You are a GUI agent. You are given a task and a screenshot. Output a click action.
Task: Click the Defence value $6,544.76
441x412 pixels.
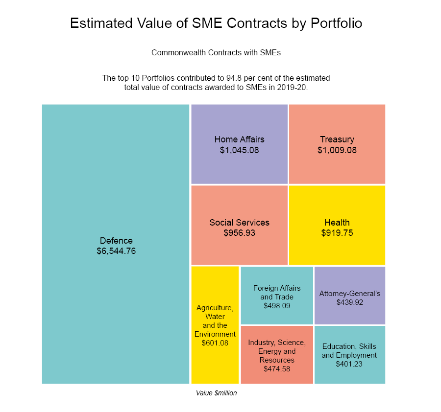click(x=116, y=251)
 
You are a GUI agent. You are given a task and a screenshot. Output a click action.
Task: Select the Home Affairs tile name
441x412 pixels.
click(x=239, y=139)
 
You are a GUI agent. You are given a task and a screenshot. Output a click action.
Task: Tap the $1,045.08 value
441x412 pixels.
click(x=239, y=150)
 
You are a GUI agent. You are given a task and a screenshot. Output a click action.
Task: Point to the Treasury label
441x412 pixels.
click(x=337, y=139)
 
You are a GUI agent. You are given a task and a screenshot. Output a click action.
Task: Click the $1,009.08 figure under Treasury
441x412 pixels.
click(x=337, y=150)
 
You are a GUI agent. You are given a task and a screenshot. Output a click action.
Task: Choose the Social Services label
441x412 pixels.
click(x=239, y=223)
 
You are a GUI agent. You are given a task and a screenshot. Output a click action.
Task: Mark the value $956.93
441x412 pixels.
click(x=239, y=233)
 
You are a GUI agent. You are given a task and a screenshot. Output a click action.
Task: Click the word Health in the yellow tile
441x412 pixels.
click(x=337, y=223)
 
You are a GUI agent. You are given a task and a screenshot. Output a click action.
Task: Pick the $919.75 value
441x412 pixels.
click(x=337, y=233)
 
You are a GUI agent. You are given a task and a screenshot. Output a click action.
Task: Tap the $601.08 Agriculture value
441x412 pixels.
click(x=215, y=343)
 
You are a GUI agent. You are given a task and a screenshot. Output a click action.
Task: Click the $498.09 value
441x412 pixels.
click(x=277, y=306)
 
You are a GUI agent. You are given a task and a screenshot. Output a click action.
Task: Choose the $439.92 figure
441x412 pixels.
click(x=350, y=303)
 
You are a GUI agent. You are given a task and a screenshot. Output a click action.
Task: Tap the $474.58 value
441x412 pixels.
click(x=277, y=369)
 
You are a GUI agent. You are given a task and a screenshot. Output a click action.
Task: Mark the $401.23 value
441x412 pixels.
click(x=349, y=364)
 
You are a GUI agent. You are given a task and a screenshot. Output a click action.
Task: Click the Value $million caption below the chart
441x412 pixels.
click(x=216, y=393)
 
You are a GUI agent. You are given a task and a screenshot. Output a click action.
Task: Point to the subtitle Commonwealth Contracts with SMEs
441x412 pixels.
click(x=216, y=52)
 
